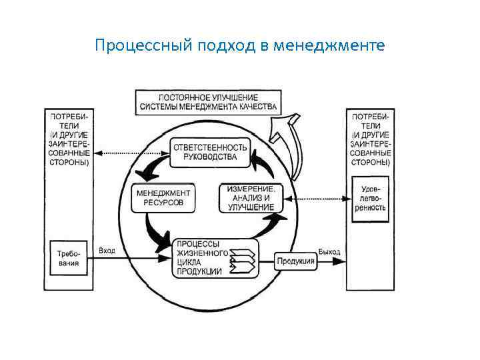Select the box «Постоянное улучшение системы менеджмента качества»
point(209,101)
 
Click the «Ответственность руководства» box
point(210,152)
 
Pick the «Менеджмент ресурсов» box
point(163,197)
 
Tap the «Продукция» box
point(295,261)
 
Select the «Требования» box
point(69,258)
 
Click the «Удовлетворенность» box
point(370,197)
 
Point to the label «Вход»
point(107,251)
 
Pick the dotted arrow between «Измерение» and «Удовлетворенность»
point(316,198)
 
